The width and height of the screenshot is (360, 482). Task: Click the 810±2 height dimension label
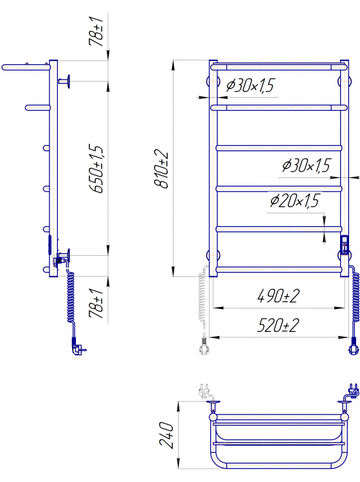(161, 170)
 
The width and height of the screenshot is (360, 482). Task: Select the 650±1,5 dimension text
(96, 168)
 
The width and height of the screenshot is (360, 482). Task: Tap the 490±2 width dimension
(278, 296)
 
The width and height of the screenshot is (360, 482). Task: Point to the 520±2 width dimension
(278, 325)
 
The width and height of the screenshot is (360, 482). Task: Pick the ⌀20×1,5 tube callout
(294, 201)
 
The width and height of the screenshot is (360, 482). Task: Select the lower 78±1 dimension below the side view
(96, 303)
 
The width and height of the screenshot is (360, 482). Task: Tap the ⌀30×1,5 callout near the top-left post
(250, 85)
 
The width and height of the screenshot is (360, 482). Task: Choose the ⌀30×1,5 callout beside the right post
(306, 165)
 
